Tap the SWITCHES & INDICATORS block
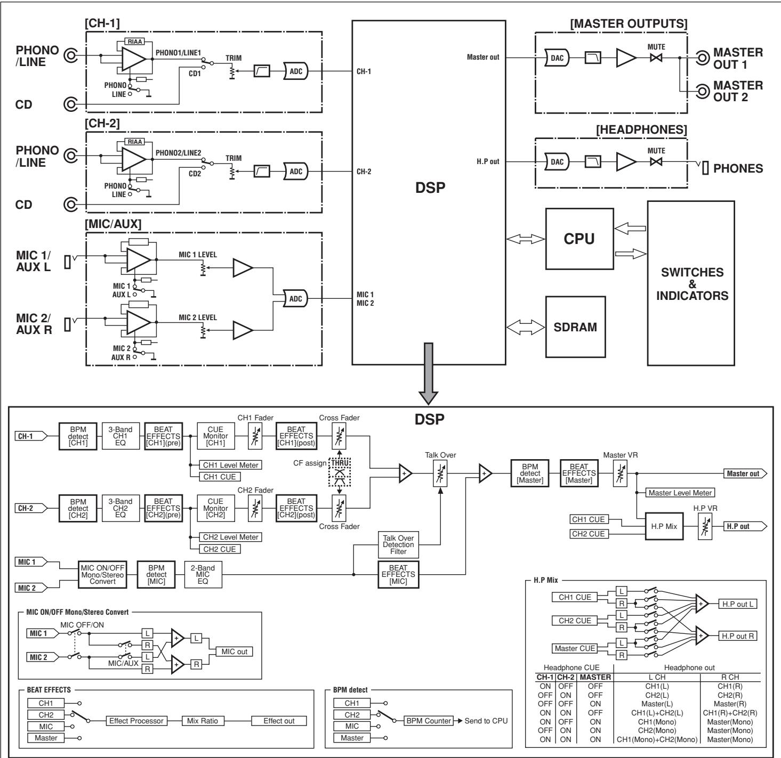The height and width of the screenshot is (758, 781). click(x=691, y=283)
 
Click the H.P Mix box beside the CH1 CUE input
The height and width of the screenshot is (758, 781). click(x=664, y=526)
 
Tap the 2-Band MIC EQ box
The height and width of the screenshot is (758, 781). click(x=203, y=575)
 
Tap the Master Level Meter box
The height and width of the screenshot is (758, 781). click(x=680, y=493)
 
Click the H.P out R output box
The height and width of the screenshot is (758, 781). click(x=738, y=635)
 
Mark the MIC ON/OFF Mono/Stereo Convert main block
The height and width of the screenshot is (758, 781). click(x=104, y=575)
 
